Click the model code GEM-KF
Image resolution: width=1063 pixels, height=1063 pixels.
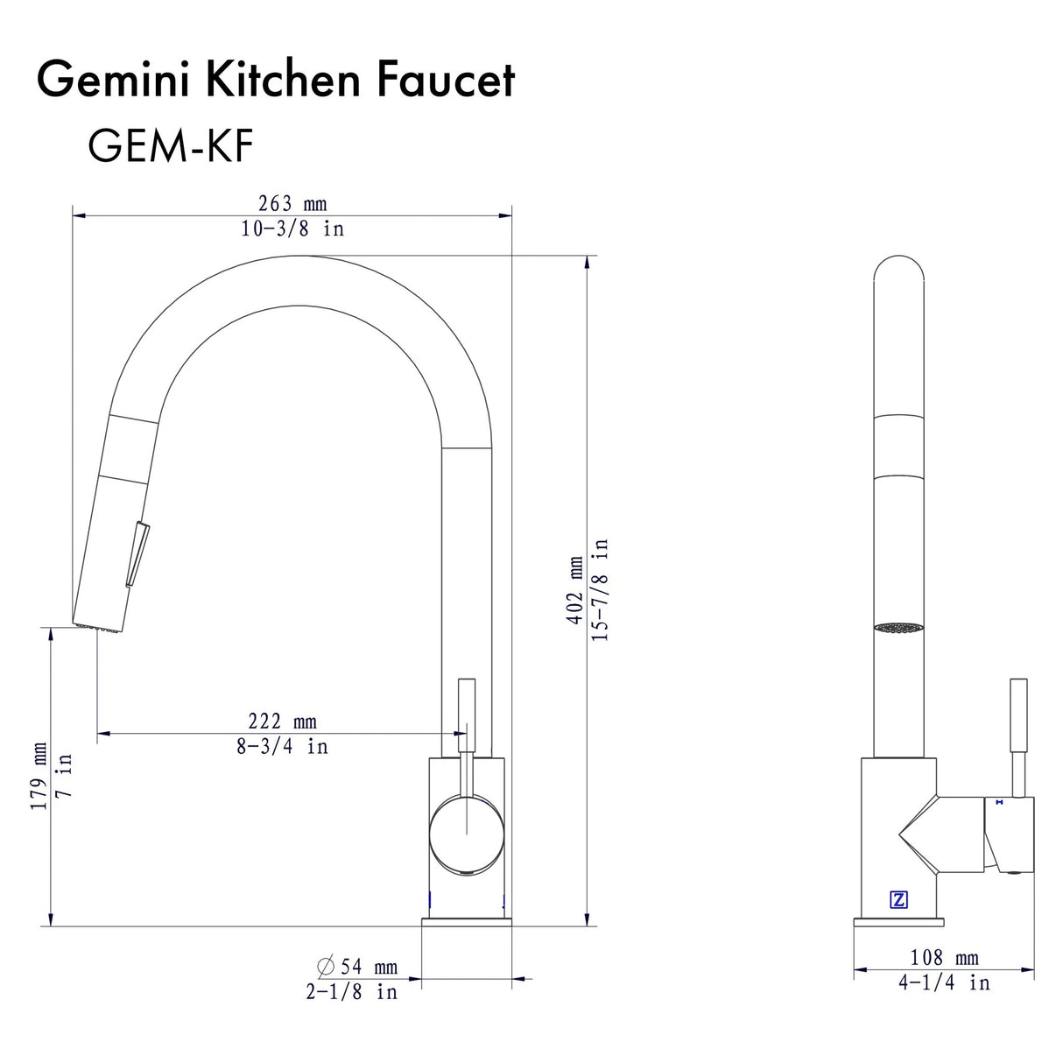[x=170, y=145]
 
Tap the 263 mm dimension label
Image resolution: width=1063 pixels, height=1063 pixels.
[x=292, y=203]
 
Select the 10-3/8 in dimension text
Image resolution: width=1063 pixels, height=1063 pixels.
[x=292, y=229]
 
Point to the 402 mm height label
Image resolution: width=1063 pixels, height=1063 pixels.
[x=575, y=589]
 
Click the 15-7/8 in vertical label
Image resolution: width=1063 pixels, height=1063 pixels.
[x=601, y=589]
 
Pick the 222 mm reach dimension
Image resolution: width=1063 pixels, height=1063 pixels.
[x=282, y=721]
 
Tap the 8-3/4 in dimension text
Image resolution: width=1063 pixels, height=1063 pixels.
[x=282, y=747]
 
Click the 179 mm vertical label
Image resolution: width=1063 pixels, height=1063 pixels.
[x=39, y=776]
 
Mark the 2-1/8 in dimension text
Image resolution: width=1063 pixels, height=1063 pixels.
[x=351, y=992]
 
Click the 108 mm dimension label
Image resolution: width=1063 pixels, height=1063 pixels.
[x=944, y=958]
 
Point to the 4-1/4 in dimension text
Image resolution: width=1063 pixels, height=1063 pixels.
[x=944, y=983]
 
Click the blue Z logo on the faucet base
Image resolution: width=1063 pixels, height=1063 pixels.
[x=898, y=899]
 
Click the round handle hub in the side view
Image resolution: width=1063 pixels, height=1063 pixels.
[x=467, y=834]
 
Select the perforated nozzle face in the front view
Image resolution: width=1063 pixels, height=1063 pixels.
[x=899, y=628]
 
